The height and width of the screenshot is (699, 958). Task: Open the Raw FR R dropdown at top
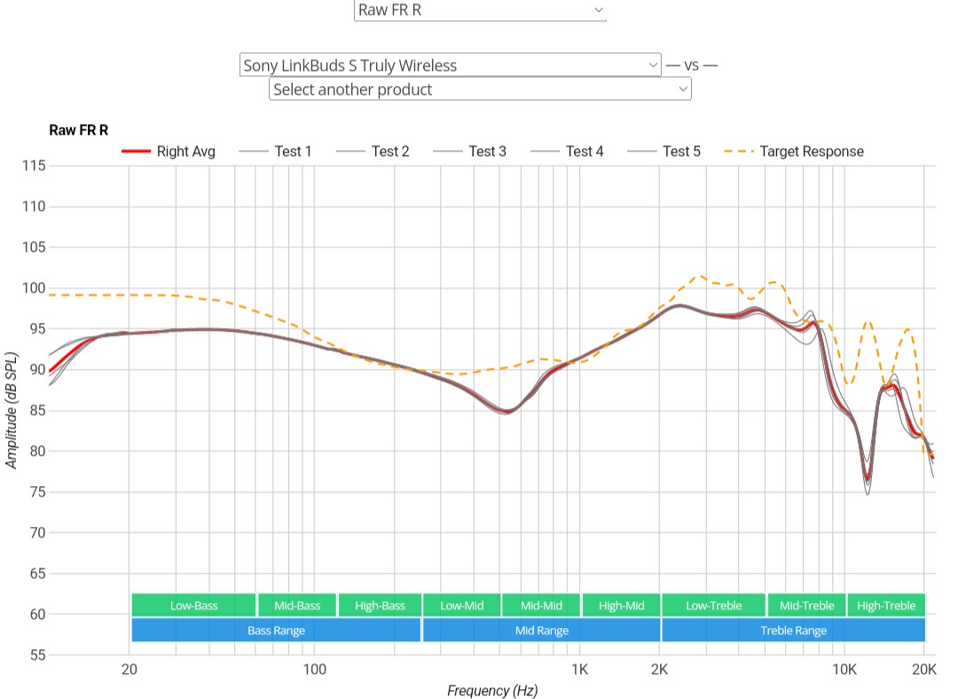point(480,11)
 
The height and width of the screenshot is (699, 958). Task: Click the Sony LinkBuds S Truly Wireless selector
point(450,65)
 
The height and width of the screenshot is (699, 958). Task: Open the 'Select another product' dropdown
point(480,90)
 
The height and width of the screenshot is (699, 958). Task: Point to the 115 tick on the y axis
point(34,166)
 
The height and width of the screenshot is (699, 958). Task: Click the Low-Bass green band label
point(193,606)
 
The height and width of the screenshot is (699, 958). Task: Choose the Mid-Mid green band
point(541,606)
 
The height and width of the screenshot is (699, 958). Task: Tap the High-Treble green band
point(886,606)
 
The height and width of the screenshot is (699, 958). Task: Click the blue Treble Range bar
point(793,631)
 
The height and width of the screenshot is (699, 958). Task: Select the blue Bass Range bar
point(276,631)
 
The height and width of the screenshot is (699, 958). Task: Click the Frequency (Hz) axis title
point(492,690)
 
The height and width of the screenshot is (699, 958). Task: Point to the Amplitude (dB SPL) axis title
point(12,411)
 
